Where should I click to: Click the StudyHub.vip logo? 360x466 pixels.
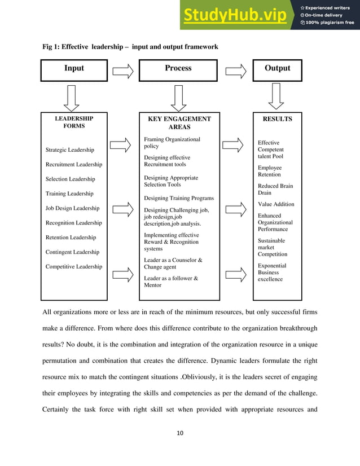pyautogui.click(x=234, y=15)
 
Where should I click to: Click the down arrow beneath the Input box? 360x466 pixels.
pyautogui.click(x=74, y=97)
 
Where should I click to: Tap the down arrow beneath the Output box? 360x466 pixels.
pyautogui.click(x=277, y=97)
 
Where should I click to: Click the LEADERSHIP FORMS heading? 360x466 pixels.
pyautogui.click(x=73, y=123)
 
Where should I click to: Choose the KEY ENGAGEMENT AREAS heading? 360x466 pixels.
pyautogui.click(x=179, y=124)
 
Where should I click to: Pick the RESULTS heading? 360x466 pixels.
pyautogui.click(x=277, y=119)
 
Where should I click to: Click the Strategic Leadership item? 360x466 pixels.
pyautogui.click(x=70, y=150)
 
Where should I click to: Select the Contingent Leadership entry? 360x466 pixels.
pyautogui.click(x=72, y=252)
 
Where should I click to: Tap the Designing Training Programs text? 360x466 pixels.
pyautogui.click(x=179, y=199)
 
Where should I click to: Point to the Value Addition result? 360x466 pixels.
pyautogui.click(x=276, y=204)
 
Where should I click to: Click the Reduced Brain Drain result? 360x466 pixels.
pyautogui.click(x=275, y=190)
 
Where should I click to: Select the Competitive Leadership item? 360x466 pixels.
pyautogui.click(x=74, y=267)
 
